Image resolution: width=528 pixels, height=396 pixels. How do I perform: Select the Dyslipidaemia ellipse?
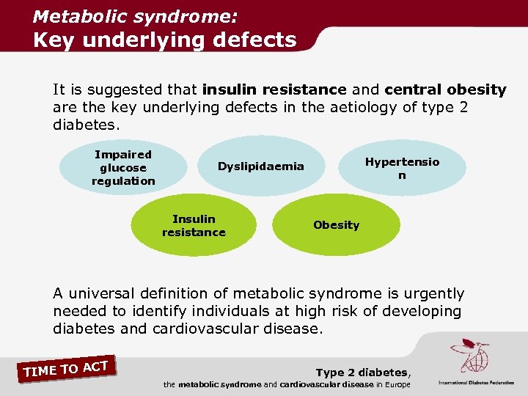tap(260, 166)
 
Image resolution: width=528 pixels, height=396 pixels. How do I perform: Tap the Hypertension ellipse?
tap(402, 168)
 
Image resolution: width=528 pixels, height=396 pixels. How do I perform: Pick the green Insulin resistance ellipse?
tap(194, 226)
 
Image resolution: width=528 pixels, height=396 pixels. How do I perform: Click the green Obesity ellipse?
tap(337, 225)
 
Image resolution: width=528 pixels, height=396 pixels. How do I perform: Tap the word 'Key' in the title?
tap(55, 40)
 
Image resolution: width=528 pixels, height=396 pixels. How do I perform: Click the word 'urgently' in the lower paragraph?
tap(433, 293)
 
